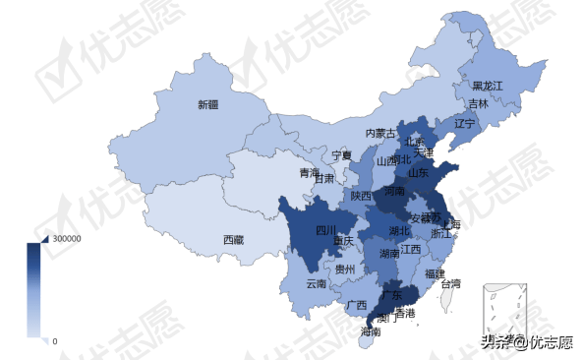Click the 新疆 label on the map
(207, 104)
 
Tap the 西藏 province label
(233, 239)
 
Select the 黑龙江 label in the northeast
(487, 87)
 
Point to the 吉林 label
(478, 103)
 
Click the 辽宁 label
(464, 124)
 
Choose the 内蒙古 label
(381, 133)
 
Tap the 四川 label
(325, 231)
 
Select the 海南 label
(371, 332)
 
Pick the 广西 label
(357, 305)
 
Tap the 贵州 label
(345, 269)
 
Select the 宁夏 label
(341, 155)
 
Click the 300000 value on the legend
(67, 239)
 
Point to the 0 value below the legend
(54, 340)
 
